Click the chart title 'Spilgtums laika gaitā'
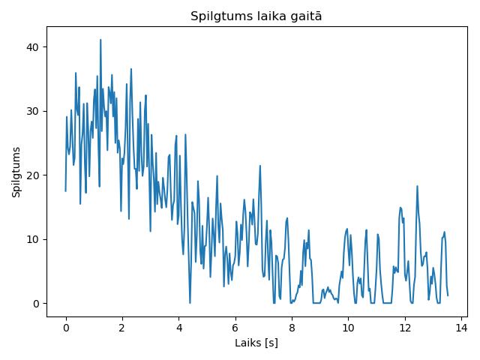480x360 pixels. [x=256, y=16]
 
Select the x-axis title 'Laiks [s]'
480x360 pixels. [x=256, y=343]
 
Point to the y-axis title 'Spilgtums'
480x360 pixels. [x=16, y=172]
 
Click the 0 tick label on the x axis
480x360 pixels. [x=66, y=328]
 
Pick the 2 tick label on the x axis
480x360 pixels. [x=122, y=328]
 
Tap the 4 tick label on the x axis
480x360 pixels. [x=178, y=328]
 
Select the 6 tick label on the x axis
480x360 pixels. [x=235, y=328]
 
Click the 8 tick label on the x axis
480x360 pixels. [x=292, y=328]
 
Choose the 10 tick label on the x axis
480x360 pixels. [x=348, y=328]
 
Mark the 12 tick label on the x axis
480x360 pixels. [x=405, y=328]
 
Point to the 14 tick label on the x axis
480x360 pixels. [x=461, y=328]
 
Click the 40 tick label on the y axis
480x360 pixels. [x=32, y=47]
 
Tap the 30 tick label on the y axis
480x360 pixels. [x=32, y=111]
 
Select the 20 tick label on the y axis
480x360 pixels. [x=32, y=175]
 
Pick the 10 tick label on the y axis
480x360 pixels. [x=32, y=239]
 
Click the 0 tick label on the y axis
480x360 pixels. [x=36, y=303]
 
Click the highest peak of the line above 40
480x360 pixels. [x=100, y=40]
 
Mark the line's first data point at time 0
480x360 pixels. [x=65, y=191]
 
